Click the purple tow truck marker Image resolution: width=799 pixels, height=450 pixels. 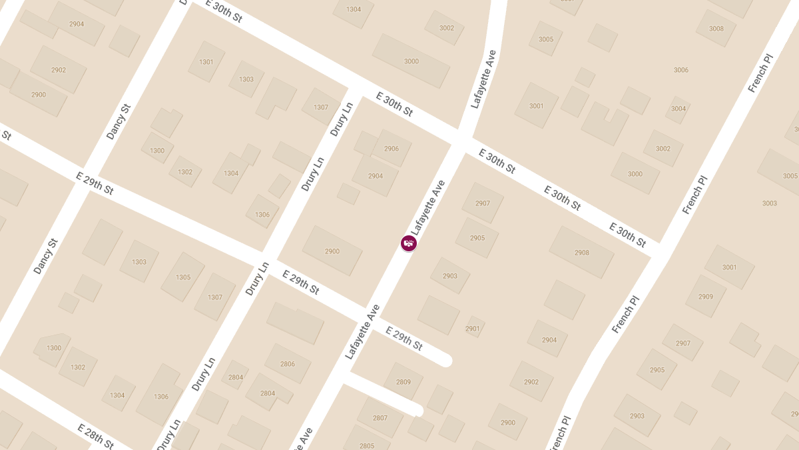pos(409,243)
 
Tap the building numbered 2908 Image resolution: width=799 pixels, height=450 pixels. pos(581,253)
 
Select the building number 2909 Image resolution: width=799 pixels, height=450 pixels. pos(706,297)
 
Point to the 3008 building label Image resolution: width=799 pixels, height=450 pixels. pos(716,29)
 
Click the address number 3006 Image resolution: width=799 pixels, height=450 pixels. pos(680,70)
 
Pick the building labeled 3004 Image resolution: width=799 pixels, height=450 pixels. pos(678,109)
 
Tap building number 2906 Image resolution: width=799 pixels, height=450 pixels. pos(392,149)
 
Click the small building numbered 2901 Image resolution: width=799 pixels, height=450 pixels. pos(473,329)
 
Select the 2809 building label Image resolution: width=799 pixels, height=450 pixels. pos(403,382)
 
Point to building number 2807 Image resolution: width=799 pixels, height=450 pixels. pos(380,418)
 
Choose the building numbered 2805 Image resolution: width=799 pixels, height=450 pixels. pos(366,445)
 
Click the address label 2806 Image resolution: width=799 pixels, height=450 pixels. pos(288,364)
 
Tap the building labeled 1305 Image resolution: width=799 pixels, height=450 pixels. pos(183,277)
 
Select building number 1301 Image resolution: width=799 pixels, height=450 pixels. pos(206,62)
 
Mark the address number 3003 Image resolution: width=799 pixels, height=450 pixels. pos(769,203)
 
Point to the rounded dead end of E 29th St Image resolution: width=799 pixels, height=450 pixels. pos(444,361)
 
